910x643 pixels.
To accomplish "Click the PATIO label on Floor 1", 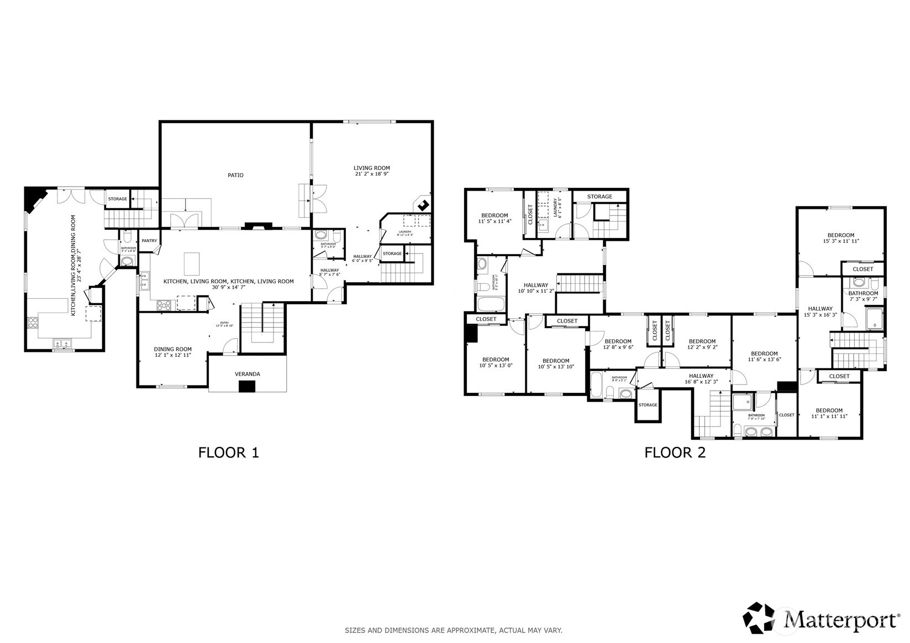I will [x=235, y=175].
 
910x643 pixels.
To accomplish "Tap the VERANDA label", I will [x=247, y=374].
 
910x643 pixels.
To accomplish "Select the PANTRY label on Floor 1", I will [x=149, y=241].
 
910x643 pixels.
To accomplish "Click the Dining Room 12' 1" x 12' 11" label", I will [x=172, y=352].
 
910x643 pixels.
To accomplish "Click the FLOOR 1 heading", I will [x=228, y=452].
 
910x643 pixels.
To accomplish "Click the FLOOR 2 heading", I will [x=675, y=452].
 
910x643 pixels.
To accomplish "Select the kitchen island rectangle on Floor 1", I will [x=191, y=263].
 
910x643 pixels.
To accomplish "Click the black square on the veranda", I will [x=247, y=387].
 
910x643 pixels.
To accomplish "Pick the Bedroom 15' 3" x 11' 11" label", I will [x=841, y=238].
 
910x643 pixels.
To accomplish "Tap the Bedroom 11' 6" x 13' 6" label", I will [x=764, y=356].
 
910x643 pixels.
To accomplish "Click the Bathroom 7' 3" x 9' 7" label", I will [x=863, y=297].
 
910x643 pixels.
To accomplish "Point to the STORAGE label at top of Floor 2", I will [x=599, y=197].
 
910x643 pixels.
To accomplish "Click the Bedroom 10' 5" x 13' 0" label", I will [x=494, y=362].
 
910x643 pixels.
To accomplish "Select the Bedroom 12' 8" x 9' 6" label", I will [x=617, y=344].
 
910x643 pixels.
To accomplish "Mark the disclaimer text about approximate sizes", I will [x=454, y=630].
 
